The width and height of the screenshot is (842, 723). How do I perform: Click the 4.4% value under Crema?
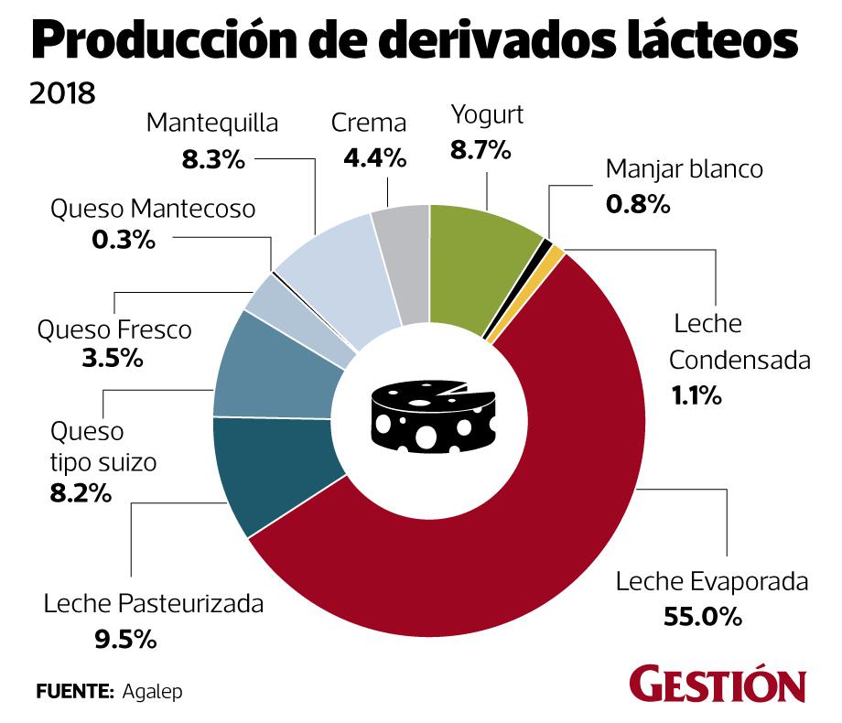[x=374, y=157]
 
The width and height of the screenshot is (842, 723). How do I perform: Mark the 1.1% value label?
[x=697, y=396]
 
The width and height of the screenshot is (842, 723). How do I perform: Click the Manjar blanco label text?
[x=684, y=169]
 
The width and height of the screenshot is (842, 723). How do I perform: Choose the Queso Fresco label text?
[x=114, y=329]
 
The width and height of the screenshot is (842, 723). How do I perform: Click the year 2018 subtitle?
[x=63, y=93]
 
